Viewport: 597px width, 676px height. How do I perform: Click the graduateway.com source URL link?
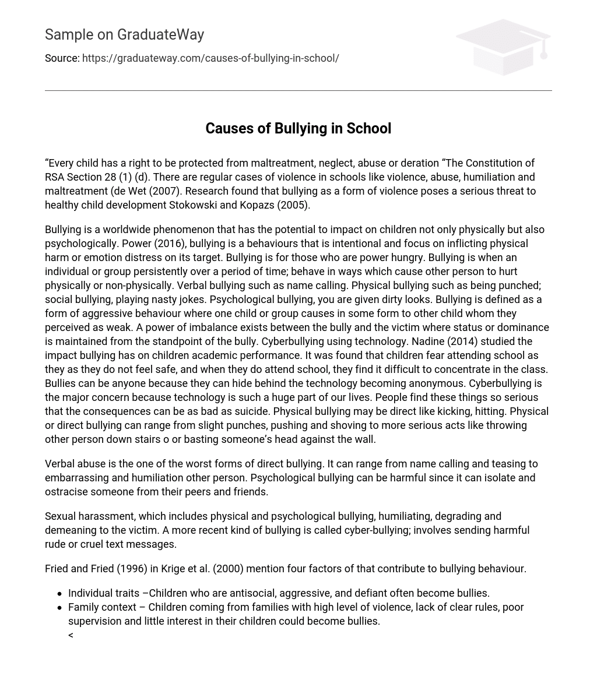click(210, 58)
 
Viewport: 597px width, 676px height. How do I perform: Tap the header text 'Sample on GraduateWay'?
click(124, 35)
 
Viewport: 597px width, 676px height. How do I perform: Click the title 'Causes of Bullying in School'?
click(298, 128)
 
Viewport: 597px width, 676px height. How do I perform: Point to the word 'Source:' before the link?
click(62, 58)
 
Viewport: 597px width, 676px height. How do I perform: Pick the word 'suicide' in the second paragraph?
click(250, 411)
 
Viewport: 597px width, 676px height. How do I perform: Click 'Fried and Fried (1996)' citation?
click(96, 569)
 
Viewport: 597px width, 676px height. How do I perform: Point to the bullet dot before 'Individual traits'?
click(59, 594)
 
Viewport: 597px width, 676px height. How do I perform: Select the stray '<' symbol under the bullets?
click(71, 635)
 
